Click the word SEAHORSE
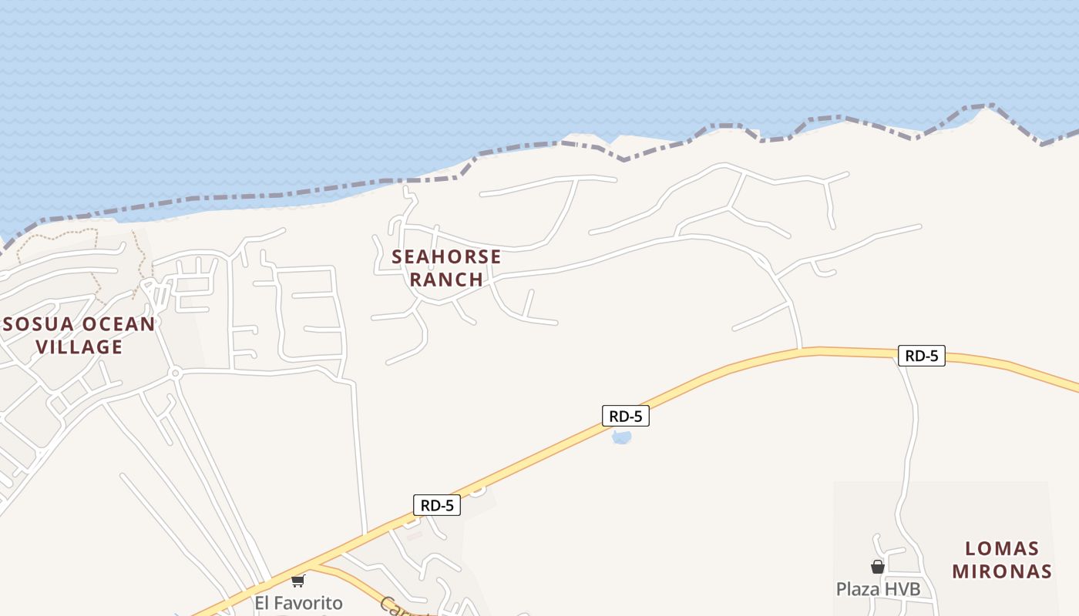[x=446, y=256]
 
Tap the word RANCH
[x=446, y=279]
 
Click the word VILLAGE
[x=79, y=346]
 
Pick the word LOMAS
[x=1002, y=549]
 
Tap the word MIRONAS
[x=1002, y=571]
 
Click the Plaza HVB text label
[x=878, y=589]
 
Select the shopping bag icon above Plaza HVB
[x=877, y=567]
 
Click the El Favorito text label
[x=298, y=602]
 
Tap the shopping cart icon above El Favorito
[x=298, y=581]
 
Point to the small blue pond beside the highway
[x=621, y=438]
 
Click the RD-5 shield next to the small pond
[x=625, y=417]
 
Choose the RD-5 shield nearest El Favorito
[x=437, y=505]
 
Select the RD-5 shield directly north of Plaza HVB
[x=921, y=356]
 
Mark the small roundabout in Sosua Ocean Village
[x=175, y=373]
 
